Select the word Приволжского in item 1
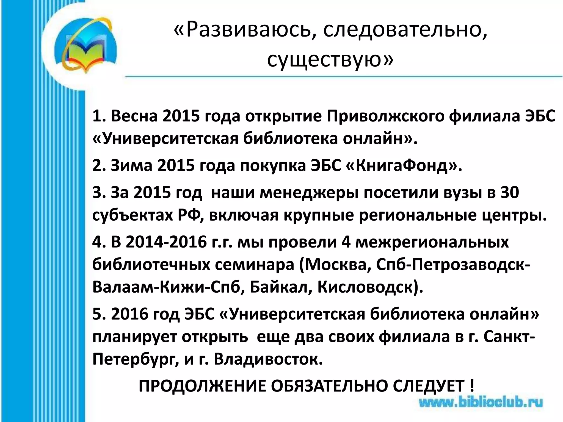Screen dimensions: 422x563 click(x=385, y=116)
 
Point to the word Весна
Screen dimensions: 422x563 click(x=134, y=116)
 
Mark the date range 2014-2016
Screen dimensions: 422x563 click(x=166, y=242)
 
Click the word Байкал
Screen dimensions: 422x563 click(x=281, y=287)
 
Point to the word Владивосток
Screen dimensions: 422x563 click(x=268, y=359)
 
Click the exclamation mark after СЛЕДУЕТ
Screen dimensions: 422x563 click(x=472, y=386)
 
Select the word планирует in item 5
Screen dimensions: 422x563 click(x=135, y=337)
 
